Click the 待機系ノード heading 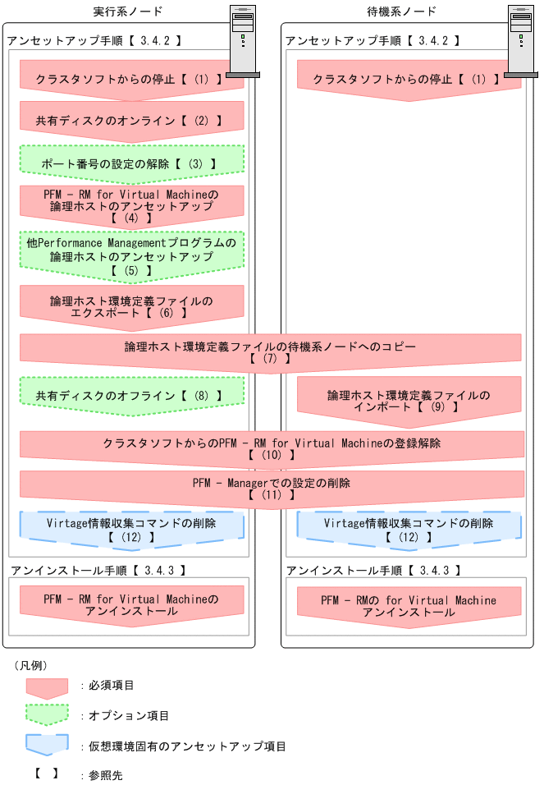pyautogui.click(x=400, y=11)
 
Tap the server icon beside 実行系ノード pyautogui.click(x=243, y=41)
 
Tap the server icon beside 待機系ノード pyautogui.click(x=520, y=41)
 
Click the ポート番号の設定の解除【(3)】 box pyautogui.click(x=131, y=163)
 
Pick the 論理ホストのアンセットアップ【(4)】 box pyautogui.click(x=131, y=206)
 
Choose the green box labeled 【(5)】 pyautogui.click(x=131, y=256)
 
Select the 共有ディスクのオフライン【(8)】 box pyautogui.click(x=131, y=396)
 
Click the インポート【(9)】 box pyautogui.click(x=409, y=401)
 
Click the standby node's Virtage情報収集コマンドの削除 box pyautogui.click(x=409, y=529)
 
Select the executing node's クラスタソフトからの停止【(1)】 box pyautogui.click(x=131, y=79)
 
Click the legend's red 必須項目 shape pyautogui.click(x=47, y=686)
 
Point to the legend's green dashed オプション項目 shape pyautogui.click(x=47, y=715)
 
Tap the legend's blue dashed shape pyautogui.click(x=47, y=745)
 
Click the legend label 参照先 pyautogui.click(x=106, y=775)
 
